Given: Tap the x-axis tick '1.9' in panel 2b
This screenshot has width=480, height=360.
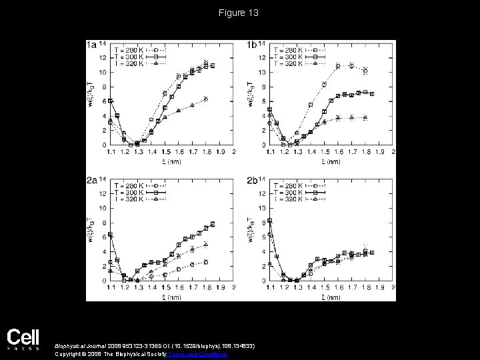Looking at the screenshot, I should point(381,287).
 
